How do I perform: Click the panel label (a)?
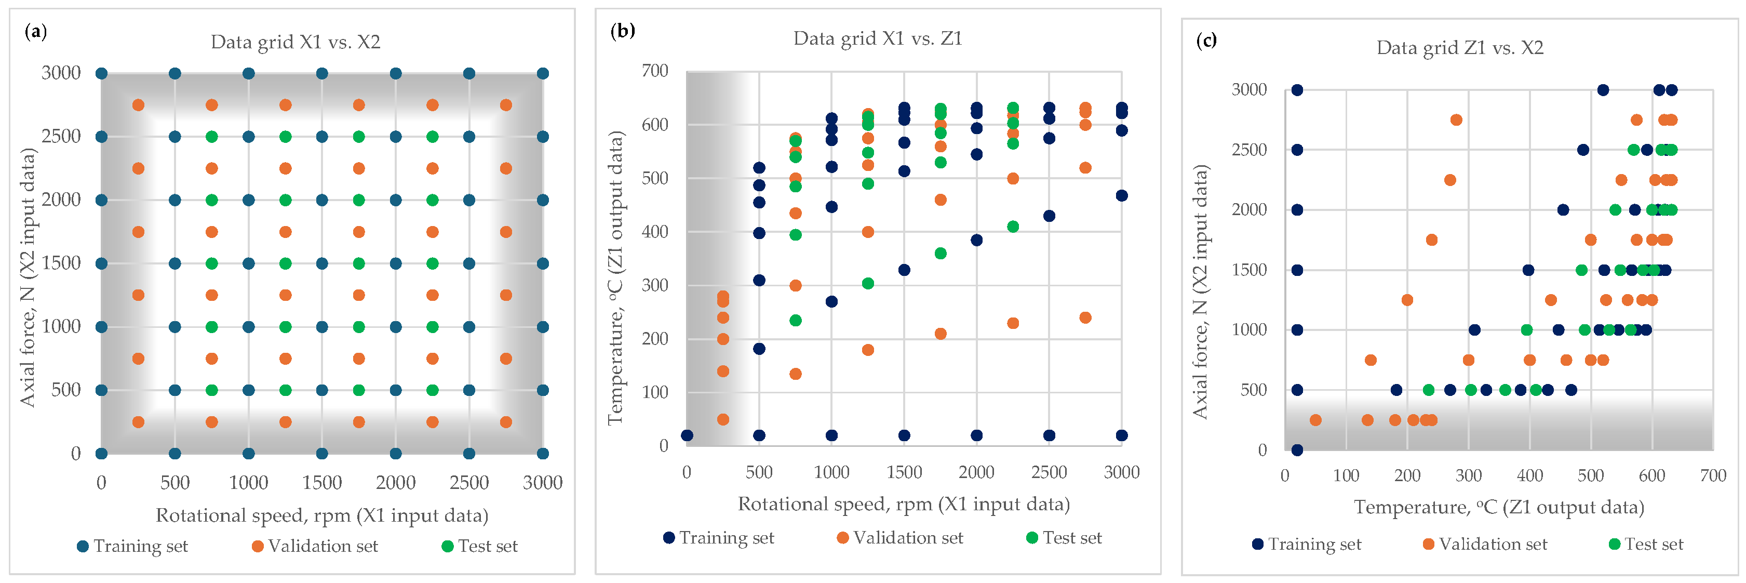pos(35,31)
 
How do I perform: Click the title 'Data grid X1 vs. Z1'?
pos(877,38)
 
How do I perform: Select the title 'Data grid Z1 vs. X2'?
pos(1459,48)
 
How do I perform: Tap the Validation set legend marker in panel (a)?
pos(258,547)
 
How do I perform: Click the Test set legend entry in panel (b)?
pos(1064,538)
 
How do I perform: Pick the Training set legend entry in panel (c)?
pos(1306,545)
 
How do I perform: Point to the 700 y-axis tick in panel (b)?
pos(655,71)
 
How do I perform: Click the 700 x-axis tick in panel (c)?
pos(1713,476)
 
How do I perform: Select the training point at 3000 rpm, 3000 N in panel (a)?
pos(542,73)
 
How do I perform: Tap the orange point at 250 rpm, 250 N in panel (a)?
pos(138,421)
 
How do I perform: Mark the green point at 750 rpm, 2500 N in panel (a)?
pos(211,137)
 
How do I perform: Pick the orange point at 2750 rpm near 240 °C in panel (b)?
pos(1085,317)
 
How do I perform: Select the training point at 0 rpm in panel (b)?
pos(687,435)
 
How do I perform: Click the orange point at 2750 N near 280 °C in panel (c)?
pos(1456,120)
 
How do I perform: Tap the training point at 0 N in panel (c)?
pos(1297,449)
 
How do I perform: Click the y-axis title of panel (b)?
pos(615,278)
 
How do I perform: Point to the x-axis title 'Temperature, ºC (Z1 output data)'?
pos(1499,508)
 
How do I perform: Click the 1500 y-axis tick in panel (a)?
pos(61,263)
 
